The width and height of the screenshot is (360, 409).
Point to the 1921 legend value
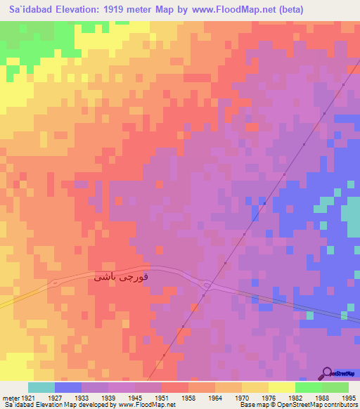(x=25, y=398)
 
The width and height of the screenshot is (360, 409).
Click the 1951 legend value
(x=162, y=398)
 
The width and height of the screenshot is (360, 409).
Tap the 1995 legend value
(x=349, y=398)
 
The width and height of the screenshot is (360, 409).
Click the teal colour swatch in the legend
(x=41, y=387)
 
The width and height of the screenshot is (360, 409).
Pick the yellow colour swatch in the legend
(x=281, y=387)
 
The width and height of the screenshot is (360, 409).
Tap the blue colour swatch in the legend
(x=67, y=387)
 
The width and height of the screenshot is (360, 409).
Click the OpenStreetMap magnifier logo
(x=326, y=372)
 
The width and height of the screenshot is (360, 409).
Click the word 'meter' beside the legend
(x=8, y=398)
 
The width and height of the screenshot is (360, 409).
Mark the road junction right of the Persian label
(x=206, y=285)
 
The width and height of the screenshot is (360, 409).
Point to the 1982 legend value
(x=296, y=398)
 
